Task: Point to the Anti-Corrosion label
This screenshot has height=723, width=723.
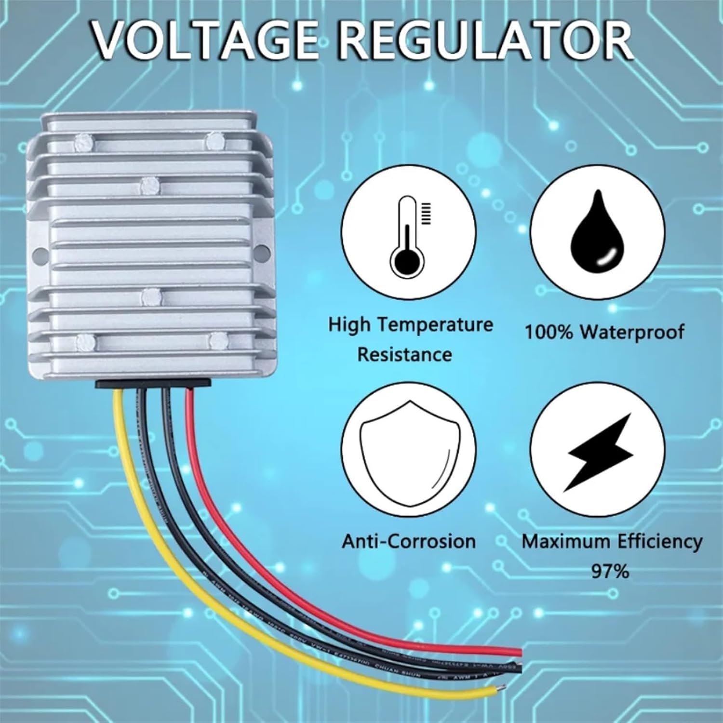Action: click(x=409, y=541)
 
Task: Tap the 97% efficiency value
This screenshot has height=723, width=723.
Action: click(x=610, y=572)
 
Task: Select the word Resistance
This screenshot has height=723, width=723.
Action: click(x=404, y=355)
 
